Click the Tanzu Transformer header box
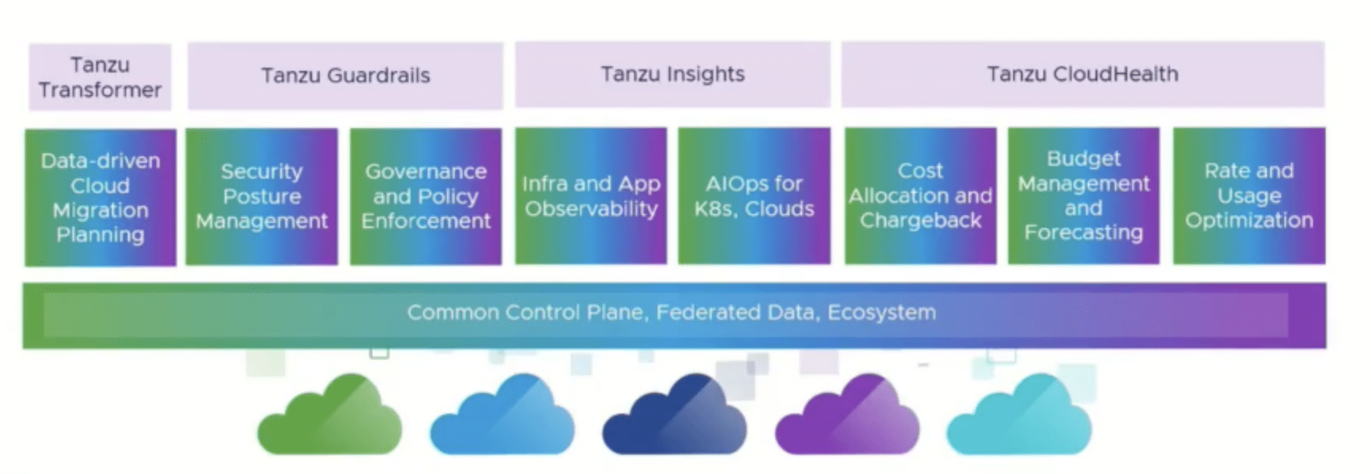pyautogui.click(x=100, y=77)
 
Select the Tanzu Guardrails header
pyautogui.click(x=345, y=76)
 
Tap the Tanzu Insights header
pyautogui.click(x=673, y=74)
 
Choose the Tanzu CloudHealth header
pyautogui.click(x=1083, y=74)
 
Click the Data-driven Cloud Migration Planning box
pyautogui.click(x=100, y=197)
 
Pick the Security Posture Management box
pyautogui.click(x=262, y=197)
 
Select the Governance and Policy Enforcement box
pyautogui.click(x=426, y=197)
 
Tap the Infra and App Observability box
pyautogui.click(x=591, y=196)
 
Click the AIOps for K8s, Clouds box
pyautogui.click(x=754, y=196)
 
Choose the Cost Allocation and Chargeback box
pyautogui.click(x=920, y=196)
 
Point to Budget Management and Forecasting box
pyautogui.click(x=1084, y=196)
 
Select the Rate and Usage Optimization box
pyautogui.click(x=1249, y=196)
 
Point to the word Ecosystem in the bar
pyautogui.click(x=882, y=313)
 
